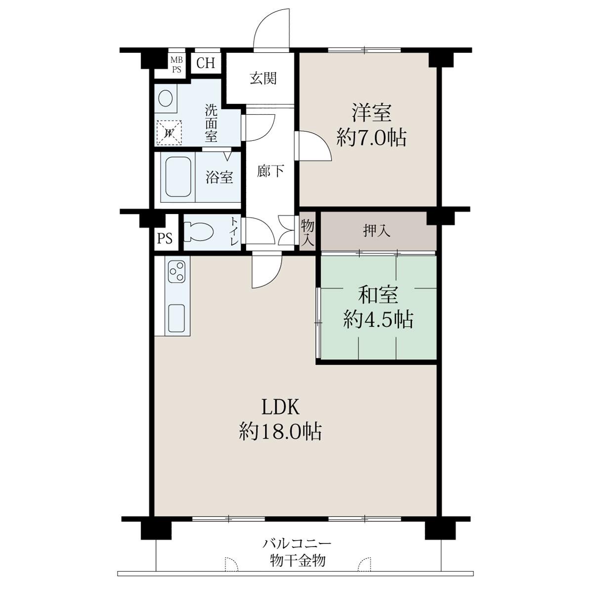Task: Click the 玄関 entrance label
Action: pos(263,79)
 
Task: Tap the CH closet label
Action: pos(206,63)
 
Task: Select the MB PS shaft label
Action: pos(176,64)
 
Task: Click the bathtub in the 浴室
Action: pos(178,176)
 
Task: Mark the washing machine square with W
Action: pos(169,132)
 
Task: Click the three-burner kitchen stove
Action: pos(177,271)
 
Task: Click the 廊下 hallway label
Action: pos(270,171)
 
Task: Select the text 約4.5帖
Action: pos(378,320)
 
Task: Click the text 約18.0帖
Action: pos(280,431)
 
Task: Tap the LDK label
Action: pos(280,408)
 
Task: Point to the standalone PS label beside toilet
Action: pos(165,238)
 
